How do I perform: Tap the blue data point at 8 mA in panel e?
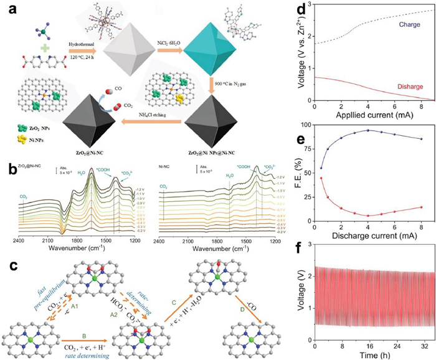pyautogui.click(x=421, y=139)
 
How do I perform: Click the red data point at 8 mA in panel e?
pyautogui.click(x=421, y=207)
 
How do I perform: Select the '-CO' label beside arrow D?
pyautogui.click(x=253, y=302)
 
